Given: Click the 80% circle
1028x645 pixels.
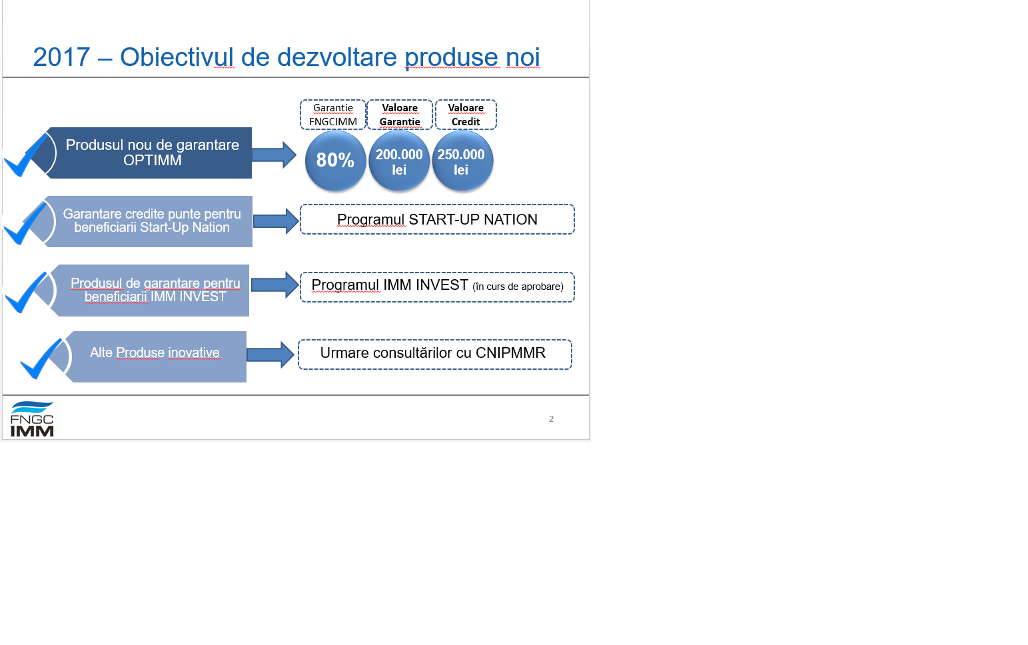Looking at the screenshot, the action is tap(336, 161).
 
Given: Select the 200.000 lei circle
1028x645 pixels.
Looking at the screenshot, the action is tap(399, 161).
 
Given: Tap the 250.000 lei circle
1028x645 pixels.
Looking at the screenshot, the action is tap(462, 161).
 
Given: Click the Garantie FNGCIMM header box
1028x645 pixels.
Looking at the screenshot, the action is tap(333, 115).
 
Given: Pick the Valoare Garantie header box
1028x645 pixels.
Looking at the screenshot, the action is tap(400, 115).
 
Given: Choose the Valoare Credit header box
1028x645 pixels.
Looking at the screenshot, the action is tap(466, 115).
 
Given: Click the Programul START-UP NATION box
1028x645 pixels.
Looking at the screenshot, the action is tap(437, 219).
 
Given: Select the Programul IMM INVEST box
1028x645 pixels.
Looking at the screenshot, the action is tap(437, 287).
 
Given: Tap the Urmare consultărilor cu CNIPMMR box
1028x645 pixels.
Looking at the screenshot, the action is tap(435, 354).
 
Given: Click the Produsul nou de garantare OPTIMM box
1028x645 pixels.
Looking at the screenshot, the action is tap(149, 153).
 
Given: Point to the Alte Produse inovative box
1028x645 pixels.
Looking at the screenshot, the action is tap(156, 356).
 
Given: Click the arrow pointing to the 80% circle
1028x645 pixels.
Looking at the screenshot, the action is tap(274, 155).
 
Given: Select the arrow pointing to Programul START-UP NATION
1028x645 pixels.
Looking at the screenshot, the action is tap(276, 221).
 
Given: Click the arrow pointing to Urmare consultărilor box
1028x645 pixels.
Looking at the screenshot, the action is tap(270, 355).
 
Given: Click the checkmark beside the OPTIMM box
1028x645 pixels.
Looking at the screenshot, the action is tap(26, 155).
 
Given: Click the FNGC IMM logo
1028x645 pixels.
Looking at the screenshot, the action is tap(32, 418).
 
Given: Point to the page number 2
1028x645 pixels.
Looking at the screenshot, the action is tap(551, 418).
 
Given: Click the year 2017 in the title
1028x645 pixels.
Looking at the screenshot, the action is tap(61, 57).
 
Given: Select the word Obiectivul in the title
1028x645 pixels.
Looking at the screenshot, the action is tap(177, 57).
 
